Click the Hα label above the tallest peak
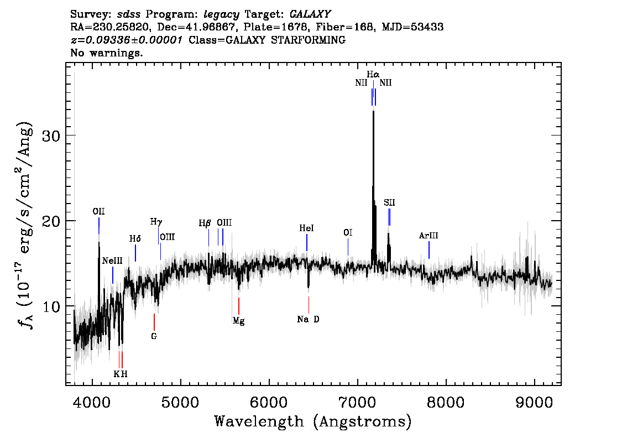pyautogui.click(x=373, y=74)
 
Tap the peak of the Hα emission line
pyautogui.click(x=373, y=112)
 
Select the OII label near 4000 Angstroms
pyautogui.click(x=99, y=211)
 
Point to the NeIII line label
pyautogui.click(x=112, y=261)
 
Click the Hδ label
pyautogui.click(x=135, y=239)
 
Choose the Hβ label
pyautogui.click(x=205, y=223)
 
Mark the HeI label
pyautogui.click(x=306, y=228)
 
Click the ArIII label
pyautogui.click(x=429, y=236)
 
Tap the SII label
pyautogui.click(x=389, y=202)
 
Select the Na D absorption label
pyautogui.click(x=308, y=319)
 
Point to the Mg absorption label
pyautogui.click(x=238, y=320)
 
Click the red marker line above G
pyautogui.click(x=154, y=322)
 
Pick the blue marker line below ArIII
pyautogui.click(x=429, y=250)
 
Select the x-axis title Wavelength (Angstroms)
pyautogui.click(x=313, y=421)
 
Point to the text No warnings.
pyautogui.click(x=107, y=53)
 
